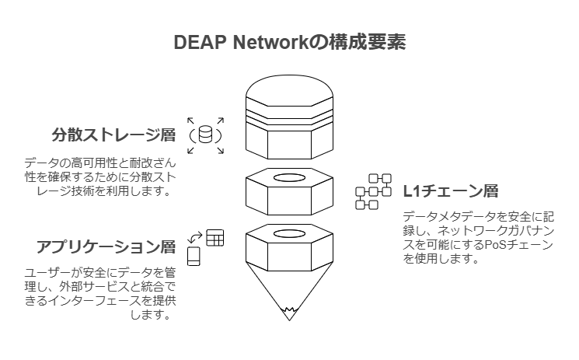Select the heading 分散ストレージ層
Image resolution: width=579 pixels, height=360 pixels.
[114, 136]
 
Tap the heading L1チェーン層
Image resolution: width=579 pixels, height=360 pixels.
[451, 191]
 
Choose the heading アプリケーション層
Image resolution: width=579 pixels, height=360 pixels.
[106, 247]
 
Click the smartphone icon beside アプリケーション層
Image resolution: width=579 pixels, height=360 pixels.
[194, 256]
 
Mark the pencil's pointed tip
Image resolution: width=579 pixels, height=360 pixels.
[289, 316]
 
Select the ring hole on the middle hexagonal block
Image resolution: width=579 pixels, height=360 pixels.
[289, 178]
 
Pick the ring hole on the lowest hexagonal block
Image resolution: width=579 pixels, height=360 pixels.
[289, 233]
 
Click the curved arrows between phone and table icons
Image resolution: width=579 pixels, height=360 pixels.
[196, 236]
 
